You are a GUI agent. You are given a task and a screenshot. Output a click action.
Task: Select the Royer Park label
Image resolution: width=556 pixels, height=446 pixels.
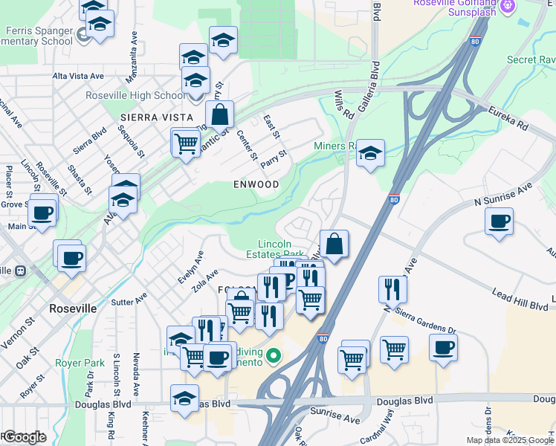[80, 363]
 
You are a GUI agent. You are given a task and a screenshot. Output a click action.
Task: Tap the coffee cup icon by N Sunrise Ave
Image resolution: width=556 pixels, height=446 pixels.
[500, 222]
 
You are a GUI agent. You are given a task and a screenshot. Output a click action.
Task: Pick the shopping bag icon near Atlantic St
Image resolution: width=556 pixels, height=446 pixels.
[220, 115]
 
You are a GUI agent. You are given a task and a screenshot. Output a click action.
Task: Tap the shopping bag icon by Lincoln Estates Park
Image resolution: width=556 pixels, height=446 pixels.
[334, 244]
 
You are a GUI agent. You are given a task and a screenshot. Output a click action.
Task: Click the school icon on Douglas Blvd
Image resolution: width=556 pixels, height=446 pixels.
[184, 398]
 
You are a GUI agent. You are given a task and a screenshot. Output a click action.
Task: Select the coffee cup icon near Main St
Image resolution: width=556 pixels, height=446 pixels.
[43, 213]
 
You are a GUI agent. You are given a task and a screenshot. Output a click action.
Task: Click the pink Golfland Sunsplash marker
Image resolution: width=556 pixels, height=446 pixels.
[508, 5]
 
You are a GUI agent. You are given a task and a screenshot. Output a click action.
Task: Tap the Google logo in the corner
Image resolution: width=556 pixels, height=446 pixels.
[24, 437]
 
